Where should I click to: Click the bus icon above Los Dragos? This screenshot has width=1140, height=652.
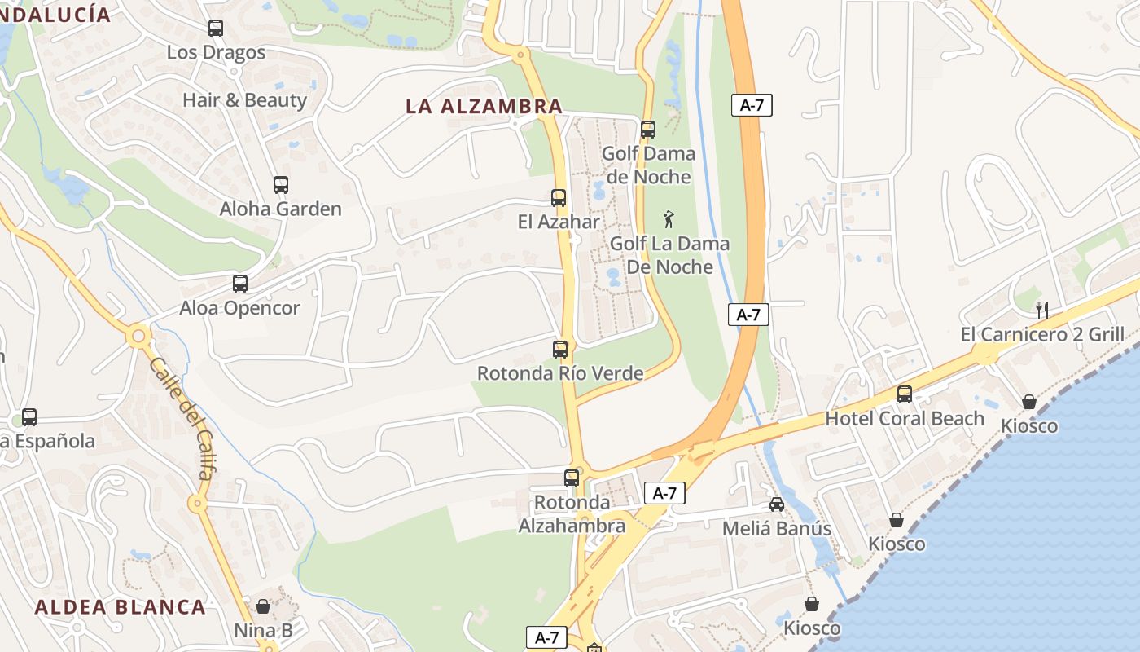pos(216,29)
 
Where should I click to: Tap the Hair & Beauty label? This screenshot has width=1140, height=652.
pos(244,100)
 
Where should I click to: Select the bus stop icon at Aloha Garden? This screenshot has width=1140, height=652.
pos(281,185)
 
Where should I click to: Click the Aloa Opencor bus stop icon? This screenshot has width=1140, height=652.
pos(240,284)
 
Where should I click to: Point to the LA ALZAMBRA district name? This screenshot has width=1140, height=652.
pos(484,106)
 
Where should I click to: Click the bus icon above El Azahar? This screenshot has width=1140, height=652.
pos(559,198)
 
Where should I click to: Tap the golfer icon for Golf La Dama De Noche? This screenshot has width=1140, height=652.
pos(669,218)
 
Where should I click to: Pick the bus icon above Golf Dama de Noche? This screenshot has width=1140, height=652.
pos(648,130)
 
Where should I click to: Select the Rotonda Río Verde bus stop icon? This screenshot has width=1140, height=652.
pos(560,350)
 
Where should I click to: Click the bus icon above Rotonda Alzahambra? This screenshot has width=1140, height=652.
pos(572,478)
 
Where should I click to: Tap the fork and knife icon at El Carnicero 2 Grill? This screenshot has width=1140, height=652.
pos(1041,310)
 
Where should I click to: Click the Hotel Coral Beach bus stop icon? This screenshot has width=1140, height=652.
pos(905,394)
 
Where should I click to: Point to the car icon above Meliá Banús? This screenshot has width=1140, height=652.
pos(777,504)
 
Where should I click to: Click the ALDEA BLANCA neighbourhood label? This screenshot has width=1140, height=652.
pos(121,606)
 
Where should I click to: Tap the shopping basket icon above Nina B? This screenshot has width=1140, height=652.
pos(263,606)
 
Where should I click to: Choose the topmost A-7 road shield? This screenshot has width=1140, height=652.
pos(751,105)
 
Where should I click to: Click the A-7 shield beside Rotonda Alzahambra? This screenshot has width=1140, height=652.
pos(664,493)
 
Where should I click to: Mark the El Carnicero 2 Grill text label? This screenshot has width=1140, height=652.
pos(1042,334)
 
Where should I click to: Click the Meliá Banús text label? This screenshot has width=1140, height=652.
pos(777,528)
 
